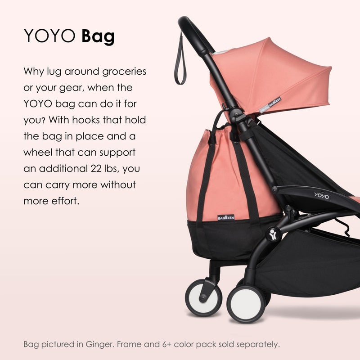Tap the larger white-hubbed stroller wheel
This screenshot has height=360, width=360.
pyautogui.click(x=245, y=303)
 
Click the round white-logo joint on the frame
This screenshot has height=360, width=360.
pyautogui.click(x=272, y=234)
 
